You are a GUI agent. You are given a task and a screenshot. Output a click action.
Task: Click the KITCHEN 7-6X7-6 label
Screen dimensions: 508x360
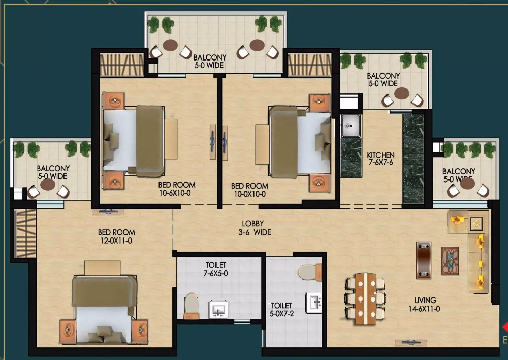pos(380,159)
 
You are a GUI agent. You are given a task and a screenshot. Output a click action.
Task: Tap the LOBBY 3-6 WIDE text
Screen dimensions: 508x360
pos(255,228)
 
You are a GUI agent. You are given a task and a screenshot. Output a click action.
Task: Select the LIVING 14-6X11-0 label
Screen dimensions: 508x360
pos(424,305)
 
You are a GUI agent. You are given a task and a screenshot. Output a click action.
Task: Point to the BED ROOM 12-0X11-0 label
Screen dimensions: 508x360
pos(116,236)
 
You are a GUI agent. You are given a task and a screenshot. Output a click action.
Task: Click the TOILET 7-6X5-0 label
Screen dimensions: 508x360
pos(215,269)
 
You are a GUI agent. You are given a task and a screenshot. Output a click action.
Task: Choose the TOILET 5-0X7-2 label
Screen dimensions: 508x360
pos(281,309)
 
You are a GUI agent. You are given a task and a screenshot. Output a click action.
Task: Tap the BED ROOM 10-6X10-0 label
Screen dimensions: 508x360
pos(177,189)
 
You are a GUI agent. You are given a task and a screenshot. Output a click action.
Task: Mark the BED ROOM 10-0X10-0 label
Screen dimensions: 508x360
pos(249,190)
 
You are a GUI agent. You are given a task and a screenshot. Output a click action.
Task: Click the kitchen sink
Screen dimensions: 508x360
pos(351,126)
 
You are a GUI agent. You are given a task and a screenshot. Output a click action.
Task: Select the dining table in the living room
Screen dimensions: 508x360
pos(366,298)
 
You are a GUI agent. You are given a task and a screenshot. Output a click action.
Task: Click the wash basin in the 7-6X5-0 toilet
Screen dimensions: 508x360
pos(218,309)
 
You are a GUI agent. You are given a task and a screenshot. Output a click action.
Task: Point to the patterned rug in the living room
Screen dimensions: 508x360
pos(450,261)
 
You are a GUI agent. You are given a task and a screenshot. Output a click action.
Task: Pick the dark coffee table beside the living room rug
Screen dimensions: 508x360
pos(424,260)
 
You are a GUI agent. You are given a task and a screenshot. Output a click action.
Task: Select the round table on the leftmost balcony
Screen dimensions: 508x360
pos(48,185)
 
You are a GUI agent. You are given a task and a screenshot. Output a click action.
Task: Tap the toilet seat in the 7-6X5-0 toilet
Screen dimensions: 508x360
pos(191,306)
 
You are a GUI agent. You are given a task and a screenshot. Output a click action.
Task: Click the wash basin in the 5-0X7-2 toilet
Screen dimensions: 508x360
pos(314,303)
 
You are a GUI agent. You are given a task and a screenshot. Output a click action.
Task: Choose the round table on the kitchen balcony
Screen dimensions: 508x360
pos(402,93)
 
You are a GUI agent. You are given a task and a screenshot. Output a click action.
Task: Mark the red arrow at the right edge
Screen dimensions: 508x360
pos(505,327)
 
